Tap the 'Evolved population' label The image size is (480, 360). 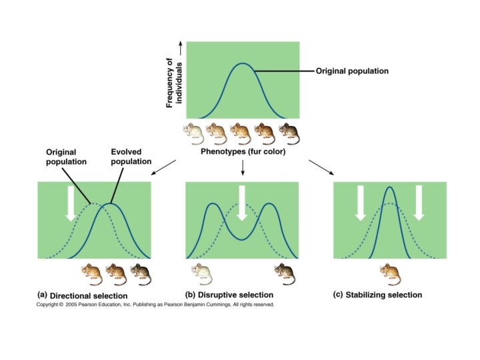coord(131,157)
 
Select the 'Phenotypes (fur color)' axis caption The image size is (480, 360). coord(243,152)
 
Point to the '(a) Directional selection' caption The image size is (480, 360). coord(83,295)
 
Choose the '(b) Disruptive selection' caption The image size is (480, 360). coord(229,295)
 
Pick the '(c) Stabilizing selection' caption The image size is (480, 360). coord(378,295)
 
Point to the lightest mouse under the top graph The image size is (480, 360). coord(194,133)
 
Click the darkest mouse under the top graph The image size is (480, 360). coord(289,133)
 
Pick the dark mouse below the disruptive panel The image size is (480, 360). coord(287,271)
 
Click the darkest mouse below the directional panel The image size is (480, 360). coord(141,271)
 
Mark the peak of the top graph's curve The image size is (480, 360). coord(243,64)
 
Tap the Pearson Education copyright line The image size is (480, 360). coord(155,305)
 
